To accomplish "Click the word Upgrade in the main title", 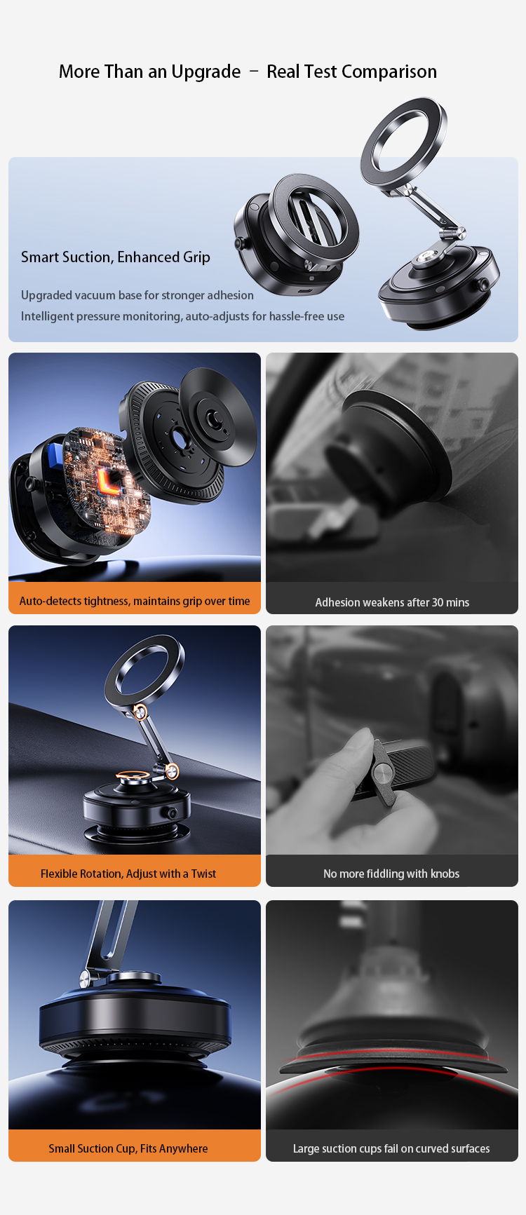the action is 205,72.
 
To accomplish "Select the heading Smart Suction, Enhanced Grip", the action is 116,257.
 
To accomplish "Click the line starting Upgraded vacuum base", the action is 137,295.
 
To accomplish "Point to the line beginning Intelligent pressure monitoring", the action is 182,316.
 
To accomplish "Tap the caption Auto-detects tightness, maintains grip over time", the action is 135,601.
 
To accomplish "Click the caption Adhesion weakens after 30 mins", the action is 392,602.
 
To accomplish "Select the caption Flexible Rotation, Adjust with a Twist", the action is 128,874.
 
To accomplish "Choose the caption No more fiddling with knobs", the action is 391,874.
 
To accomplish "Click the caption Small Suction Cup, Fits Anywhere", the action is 128,1148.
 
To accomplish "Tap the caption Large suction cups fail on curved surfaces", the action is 391,1148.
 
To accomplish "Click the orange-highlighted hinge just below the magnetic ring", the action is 140,712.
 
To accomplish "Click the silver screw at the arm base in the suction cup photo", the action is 86,978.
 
